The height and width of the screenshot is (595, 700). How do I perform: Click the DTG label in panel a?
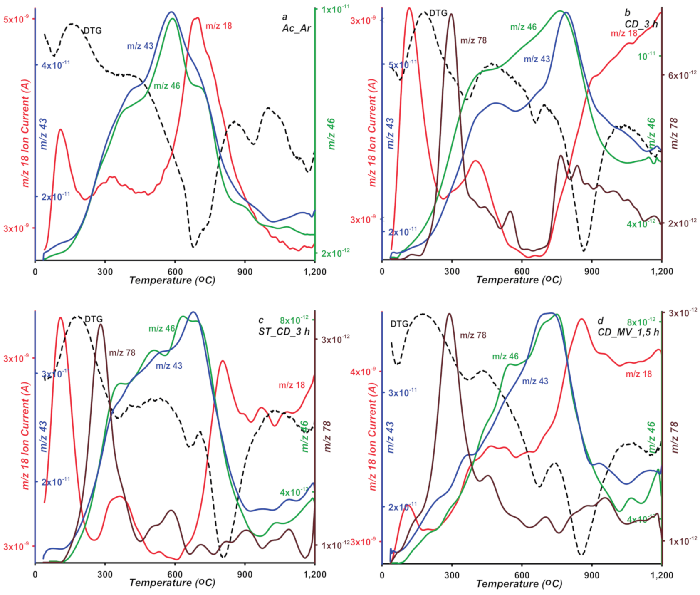(92, 31)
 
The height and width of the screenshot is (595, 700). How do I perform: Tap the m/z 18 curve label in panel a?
(219, 26)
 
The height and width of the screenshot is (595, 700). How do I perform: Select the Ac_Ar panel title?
(296, 28)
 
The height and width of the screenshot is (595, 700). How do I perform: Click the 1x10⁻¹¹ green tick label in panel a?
(335, 9)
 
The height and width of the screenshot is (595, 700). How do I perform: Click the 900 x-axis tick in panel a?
(245, 272)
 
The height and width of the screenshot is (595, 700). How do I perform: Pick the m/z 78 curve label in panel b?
(473, 40)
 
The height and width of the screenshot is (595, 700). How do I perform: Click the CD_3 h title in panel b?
(641, 24)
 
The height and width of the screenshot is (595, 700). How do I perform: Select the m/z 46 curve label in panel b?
(523, 27)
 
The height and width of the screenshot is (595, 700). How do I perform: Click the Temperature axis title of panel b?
(519, 280)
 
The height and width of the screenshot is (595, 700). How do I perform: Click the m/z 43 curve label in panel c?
(169, 366)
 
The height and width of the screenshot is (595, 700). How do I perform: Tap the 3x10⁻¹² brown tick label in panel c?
(335, 339)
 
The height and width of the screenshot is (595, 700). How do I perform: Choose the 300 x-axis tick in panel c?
(105, 575)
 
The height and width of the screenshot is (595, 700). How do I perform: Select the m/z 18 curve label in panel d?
(639, 374)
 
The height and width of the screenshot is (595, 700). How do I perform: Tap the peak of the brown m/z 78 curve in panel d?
(449, 314)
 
